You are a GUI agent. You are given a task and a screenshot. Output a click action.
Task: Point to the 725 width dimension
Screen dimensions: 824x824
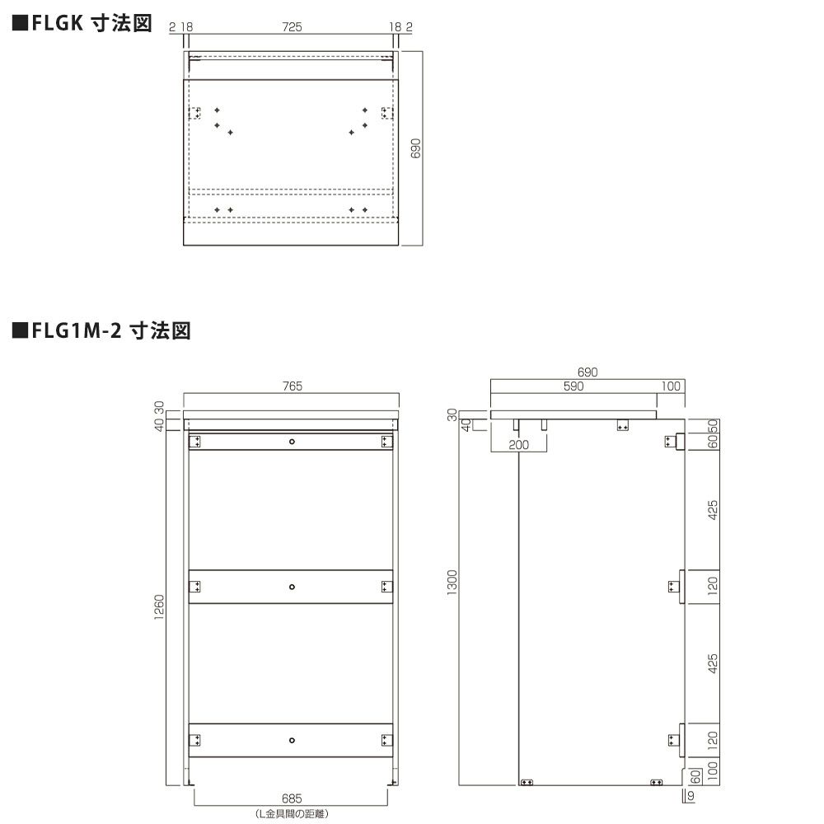(293, 27)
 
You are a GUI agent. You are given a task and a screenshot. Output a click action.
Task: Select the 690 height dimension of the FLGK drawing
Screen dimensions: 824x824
(416, 148)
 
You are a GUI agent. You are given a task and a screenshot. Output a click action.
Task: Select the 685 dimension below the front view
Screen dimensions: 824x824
(292, 798)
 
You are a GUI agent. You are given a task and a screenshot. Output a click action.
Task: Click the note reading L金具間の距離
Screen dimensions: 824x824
(292, 813)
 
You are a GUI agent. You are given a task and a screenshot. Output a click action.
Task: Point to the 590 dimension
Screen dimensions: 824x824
(574, 386)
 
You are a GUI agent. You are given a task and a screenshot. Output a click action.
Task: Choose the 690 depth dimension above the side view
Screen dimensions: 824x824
(587, 372)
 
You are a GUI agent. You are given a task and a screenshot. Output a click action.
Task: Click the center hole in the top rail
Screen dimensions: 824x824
(292, 442)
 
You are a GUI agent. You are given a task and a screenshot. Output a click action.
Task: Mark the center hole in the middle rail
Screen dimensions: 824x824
(292, 587)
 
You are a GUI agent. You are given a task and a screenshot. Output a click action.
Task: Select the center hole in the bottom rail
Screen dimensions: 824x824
(292, 740)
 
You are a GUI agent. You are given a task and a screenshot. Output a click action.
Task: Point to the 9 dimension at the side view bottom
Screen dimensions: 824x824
(691, 796)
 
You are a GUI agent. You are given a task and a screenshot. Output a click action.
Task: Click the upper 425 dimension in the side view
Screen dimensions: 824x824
(713, 510)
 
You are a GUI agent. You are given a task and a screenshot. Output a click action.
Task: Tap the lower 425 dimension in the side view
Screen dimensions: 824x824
(713, 663)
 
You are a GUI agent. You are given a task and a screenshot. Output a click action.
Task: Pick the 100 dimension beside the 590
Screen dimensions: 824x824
(671, 386)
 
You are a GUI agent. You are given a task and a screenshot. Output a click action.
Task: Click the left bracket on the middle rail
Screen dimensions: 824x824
(195, 587)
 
